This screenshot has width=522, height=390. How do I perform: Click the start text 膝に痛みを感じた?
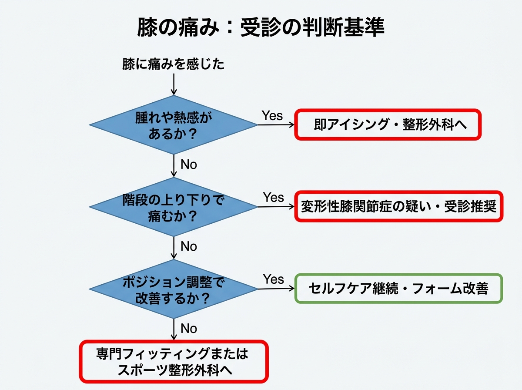point(174,65)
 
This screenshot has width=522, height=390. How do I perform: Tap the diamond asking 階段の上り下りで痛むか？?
point(174,206)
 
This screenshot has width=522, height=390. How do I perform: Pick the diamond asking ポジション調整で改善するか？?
point(174,289)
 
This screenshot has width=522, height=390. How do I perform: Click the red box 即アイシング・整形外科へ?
point(388,124)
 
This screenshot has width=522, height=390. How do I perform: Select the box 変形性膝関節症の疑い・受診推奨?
point(398,206)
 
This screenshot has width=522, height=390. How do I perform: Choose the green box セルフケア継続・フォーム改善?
point(398,288)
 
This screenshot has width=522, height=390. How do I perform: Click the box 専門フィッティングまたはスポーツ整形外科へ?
point(173,361)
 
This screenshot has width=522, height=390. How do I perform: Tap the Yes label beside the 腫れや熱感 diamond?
point(272,116)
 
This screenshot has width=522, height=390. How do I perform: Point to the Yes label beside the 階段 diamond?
point(273,197)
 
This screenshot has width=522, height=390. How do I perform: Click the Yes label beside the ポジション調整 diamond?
point(273,279)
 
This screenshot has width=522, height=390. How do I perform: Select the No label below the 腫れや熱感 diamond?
point(189,165)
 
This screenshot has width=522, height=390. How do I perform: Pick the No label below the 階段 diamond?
point(189,246)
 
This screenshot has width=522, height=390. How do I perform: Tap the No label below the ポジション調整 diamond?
point(189,328)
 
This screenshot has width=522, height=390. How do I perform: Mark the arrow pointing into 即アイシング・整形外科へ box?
point(277,124)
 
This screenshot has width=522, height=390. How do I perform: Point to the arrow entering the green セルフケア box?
point(277,289)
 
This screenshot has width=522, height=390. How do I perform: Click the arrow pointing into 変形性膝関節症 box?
point(277,206)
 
